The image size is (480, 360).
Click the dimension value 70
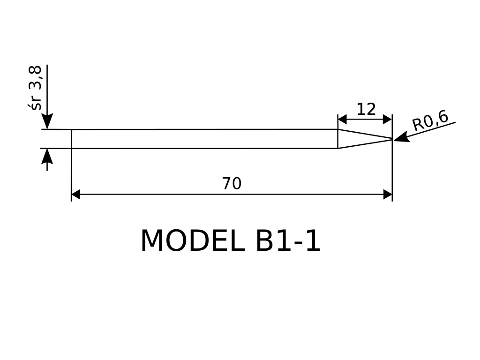coord(232,183)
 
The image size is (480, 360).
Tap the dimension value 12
coord(366,109)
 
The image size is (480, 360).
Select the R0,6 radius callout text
coord(430,120)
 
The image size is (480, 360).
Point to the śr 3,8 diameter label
coord(35,88)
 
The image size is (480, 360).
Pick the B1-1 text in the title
coord(288,241)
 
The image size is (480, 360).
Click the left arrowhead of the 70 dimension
coord(75,195)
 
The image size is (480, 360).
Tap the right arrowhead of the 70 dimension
coord(388,195)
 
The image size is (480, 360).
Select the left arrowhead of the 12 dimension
coord(342,120)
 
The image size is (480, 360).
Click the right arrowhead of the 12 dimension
coord(388,120)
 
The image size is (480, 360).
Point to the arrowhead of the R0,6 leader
coord(401,137)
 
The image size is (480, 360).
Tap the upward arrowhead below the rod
coord(47,156)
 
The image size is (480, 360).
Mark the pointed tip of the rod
coord(392,139)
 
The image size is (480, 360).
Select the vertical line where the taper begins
coord(337,139)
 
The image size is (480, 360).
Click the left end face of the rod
coord(71,139)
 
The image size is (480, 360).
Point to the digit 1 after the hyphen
coord(313,241)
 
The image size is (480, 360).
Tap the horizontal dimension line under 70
coord(232,195)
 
